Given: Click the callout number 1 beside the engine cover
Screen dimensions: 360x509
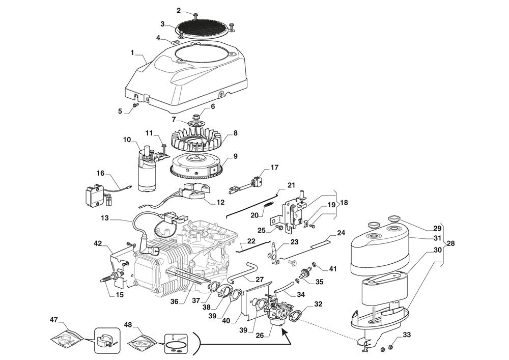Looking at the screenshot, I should click(x=132, y=52).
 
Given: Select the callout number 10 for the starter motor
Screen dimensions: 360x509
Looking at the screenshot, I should click(x=127, y=139).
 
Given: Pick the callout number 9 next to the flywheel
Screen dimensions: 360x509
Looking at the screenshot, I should click(x=236, y=156).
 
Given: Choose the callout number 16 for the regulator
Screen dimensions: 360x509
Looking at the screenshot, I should click(x=100, y=174).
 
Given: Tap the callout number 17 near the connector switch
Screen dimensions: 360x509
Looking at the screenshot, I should click(x=274, y=167).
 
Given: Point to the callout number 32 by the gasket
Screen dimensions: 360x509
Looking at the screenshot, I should click(x=319, y=304).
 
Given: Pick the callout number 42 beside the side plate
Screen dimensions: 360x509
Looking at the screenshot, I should click(x=98, y=244).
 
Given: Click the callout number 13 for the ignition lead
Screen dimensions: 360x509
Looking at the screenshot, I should click(x=104, y=217).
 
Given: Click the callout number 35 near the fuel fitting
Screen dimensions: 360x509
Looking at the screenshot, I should click(x=319, y=281).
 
